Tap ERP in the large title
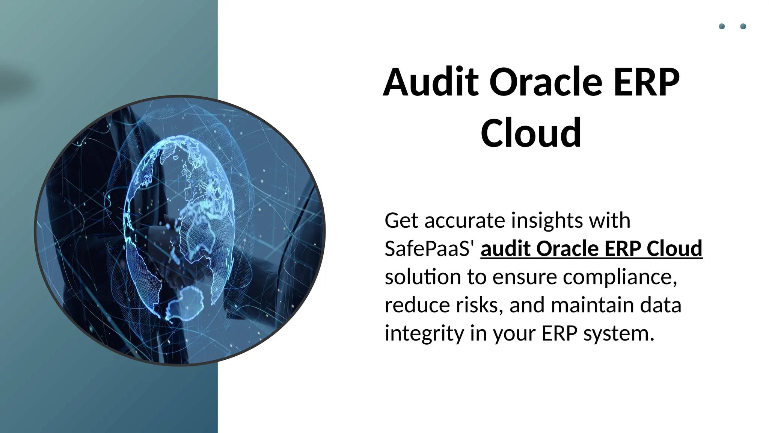[x=645, y=82]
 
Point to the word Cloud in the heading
[x=531, y=133]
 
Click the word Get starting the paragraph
[x=401, y=220]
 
